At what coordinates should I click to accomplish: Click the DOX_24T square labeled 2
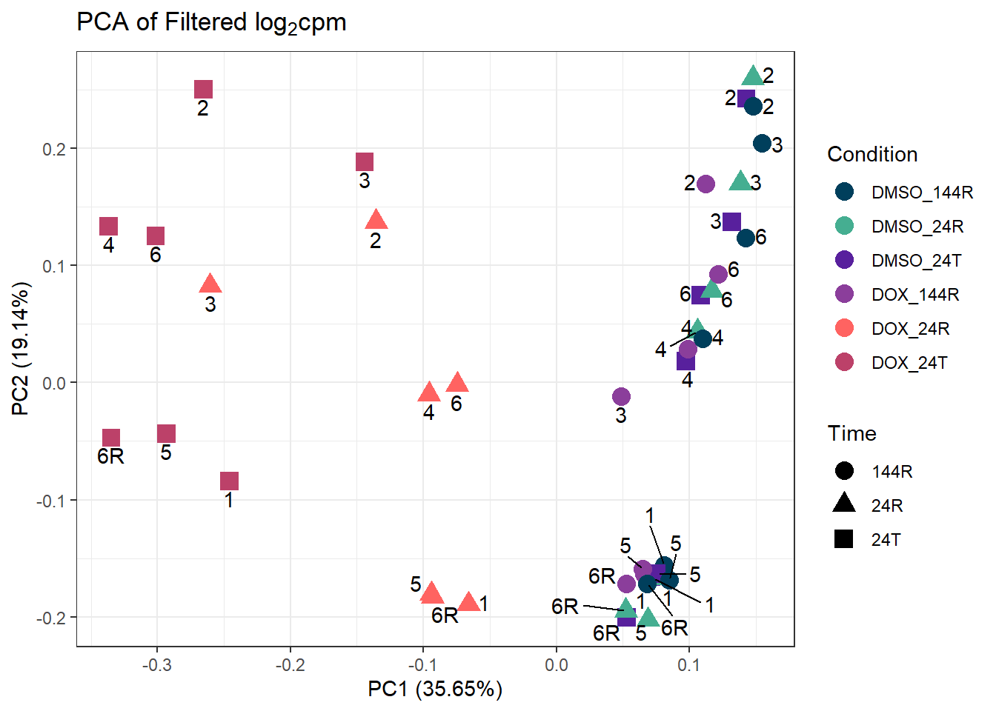click(203, 90)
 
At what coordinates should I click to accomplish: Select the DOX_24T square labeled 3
click(364, 162)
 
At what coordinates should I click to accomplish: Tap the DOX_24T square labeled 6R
click(111, 438)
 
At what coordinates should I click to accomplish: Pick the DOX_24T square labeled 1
click(229, 481)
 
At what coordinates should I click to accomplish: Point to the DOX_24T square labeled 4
click(109, 227)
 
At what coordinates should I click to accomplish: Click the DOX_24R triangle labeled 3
click(210, 284)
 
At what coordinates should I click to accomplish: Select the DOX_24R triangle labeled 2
click(376, 220)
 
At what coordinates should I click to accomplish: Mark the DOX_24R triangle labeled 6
click(457, 383)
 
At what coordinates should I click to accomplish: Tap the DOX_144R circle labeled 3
click(621, 397)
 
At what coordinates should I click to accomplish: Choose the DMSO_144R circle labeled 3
click(762, 144)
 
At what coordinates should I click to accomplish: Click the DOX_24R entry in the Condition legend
click(910, 328)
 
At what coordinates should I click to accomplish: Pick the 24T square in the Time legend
click(844, 539)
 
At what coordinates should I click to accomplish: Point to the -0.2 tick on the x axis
click(290, 665)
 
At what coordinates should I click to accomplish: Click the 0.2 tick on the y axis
click(55, 149)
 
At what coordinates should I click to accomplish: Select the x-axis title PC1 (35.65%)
click(435, 690)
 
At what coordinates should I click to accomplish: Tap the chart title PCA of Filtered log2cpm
click(212, 23)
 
